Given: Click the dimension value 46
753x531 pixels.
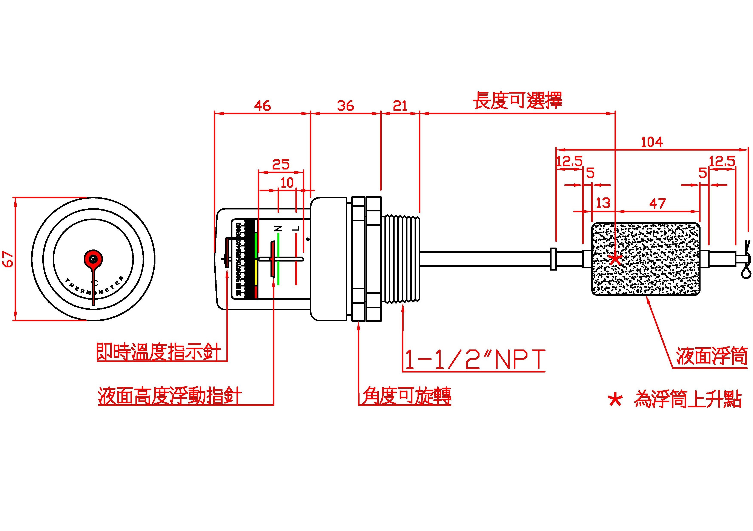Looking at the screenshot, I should [262, 106].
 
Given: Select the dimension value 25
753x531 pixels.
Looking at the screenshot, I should [281, 164].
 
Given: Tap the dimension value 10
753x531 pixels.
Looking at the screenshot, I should [287, 183].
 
